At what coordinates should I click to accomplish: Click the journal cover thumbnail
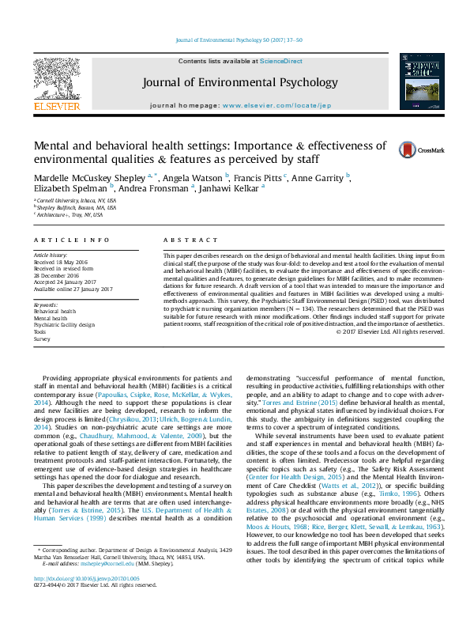418,81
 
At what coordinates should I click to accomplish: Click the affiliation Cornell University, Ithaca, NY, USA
76,201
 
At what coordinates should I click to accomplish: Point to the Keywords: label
46,305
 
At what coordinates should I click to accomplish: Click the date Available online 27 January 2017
73,289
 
